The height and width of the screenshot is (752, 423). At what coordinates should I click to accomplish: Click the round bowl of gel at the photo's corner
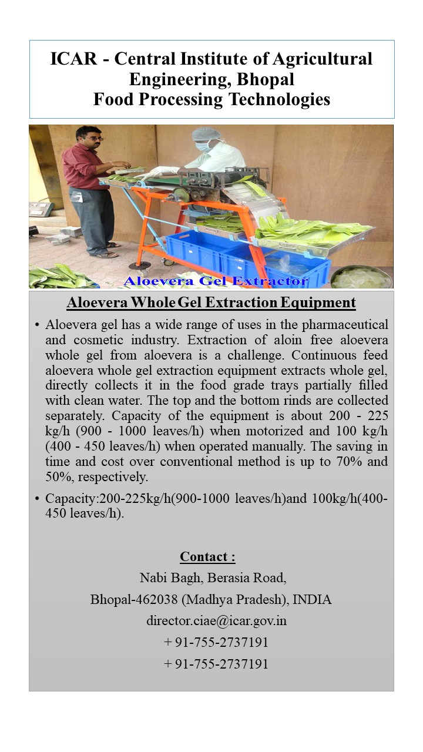click(361, 277)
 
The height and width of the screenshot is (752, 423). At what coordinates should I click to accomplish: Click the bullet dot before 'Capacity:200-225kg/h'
click(37, 499)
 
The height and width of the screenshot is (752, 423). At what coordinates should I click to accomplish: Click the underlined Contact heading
click(207, 557)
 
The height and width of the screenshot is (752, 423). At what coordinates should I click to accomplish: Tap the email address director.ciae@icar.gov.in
click(216, 620)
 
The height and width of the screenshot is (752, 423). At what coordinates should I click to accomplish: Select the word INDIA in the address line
click(312, 600)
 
